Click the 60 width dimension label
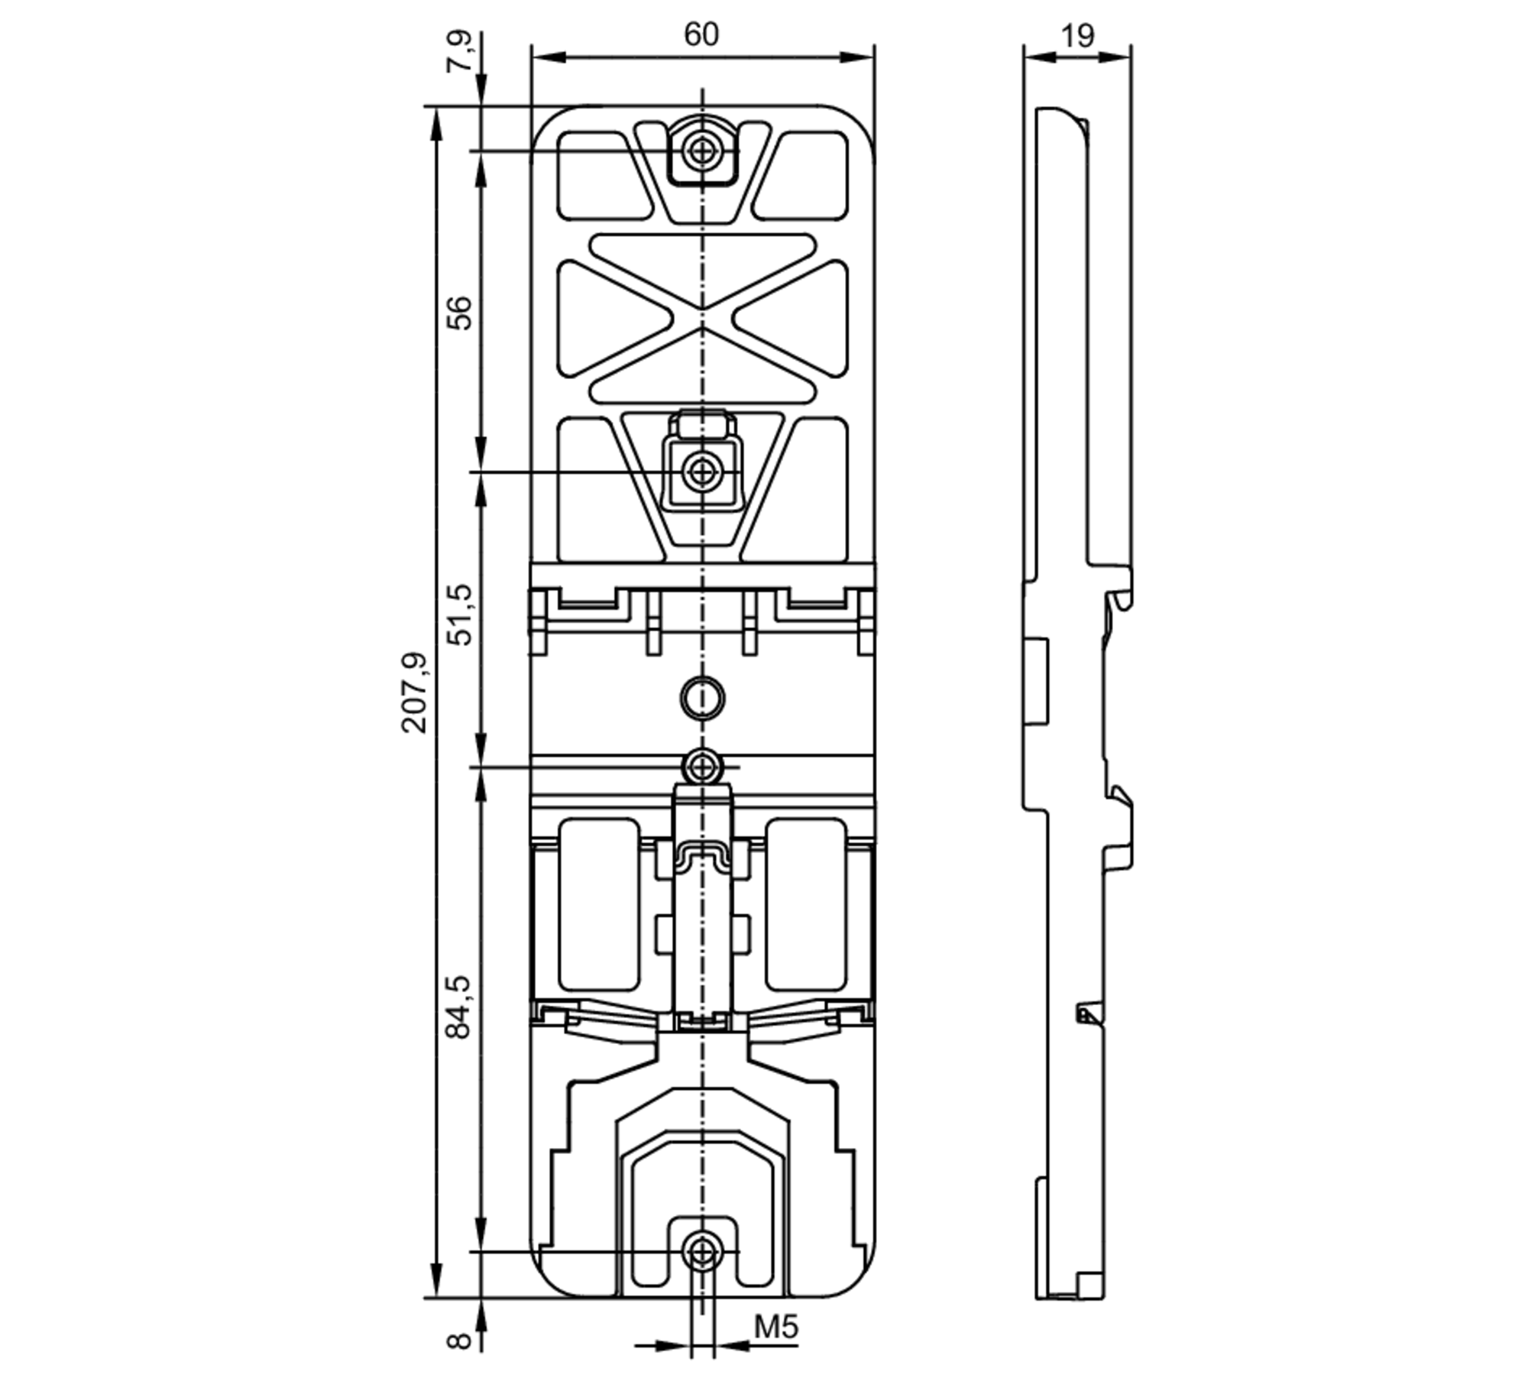(701, 34)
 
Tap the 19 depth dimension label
(1077, 35)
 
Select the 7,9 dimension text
(461, 52)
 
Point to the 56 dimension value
(460, 312)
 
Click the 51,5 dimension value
(460, 615)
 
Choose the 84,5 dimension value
(460, 1007)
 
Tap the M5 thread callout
(776, 1327)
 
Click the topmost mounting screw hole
(701, 151)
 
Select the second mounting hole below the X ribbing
(701, 472)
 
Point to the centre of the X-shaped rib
(702, 317)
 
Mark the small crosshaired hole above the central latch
(702, 765)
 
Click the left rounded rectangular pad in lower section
(599, 904)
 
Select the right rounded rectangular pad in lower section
(806, 904)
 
